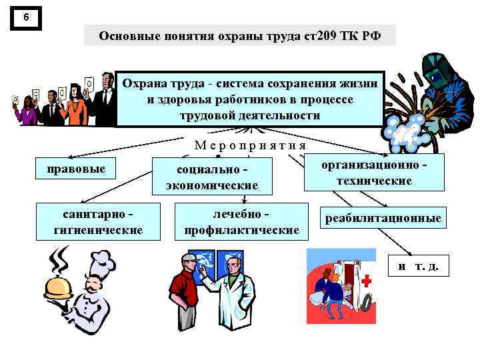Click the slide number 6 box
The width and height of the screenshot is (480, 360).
tap(26, 18)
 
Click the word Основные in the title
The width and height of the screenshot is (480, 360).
tap(127, 35)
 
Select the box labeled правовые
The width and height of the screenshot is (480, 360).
tap(76, 169)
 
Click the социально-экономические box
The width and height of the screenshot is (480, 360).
tap(213, 177)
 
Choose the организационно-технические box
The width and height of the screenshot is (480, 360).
tap(374, 173)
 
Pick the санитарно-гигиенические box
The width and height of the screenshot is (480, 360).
tap(98, 221)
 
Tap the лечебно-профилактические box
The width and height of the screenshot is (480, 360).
tap(241, 221)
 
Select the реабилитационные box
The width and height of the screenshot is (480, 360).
tap(383, 218)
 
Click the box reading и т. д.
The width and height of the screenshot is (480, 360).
tap(418, 266)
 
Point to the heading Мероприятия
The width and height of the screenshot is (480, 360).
tap(251, 145)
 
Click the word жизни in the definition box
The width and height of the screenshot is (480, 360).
tap(361, 84)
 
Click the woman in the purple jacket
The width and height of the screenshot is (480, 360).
tap(28, 111)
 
